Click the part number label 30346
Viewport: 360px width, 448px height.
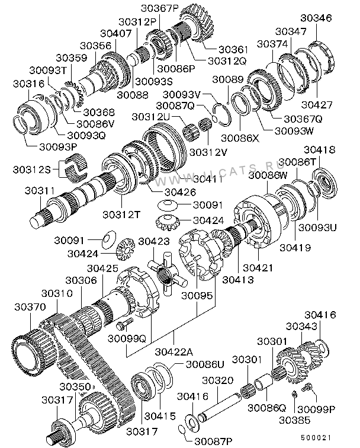click(316, 18)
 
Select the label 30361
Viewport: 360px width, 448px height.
click(233, 49)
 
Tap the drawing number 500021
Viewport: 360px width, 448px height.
click(316, 438)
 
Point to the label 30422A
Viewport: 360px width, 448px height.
click(174, 351)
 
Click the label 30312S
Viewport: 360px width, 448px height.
click(32, 169)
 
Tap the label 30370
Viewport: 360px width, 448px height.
click(30, 307)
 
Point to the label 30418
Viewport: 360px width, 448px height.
click(319, 150)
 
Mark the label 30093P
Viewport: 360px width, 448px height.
click(58, 147)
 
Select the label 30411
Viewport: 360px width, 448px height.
click(208, 179)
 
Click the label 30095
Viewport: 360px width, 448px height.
click(197, 296)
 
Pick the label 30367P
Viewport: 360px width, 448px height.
click(159, 8)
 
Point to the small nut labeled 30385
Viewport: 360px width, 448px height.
click(295, 395)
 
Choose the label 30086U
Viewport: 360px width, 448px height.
click(205, 364)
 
